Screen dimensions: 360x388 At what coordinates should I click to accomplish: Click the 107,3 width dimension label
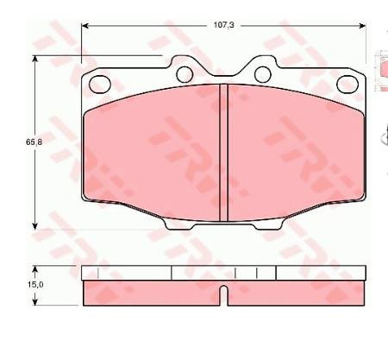pos(224,26)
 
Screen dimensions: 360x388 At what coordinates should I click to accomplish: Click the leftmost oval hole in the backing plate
pos(100,84)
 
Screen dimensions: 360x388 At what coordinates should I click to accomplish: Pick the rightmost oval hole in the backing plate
pos(347,84)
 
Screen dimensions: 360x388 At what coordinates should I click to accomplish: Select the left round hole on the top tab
pos(185,74)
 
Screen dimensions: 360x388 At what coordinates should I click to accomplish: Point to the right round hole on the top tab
pos(263,74)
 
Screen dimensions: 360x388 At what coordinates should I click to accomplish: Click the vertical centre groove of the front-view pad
pos(223,153)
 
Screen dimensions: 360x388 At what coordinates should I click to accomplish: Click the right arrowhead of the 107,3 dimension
pos(362,26)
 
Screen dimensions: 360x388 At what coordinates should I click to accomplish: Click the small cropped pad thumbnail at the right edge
pos(383,73)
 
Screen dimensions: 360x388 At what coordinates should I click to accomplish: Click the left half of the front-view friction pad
pos(151,151)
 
